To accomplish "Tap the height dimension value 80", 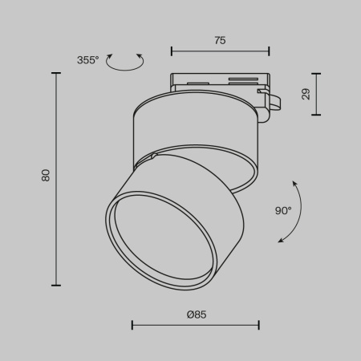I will coord(46,175).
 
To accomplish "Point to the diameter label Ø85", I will coord(196,314).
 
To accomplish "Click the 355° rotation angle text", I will coord(88,60).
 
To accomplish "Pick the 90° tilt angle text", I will coord(283,211).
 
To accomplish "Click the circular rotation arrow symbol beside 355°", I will coord(125,62).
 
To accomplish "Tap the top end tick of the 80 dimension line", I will coord(56,73).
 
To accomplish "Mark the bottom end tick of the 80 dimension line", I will coord(56,285).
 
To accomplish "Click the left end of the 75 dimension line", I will coord(172,52).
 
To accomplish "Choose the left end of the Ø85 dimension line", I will coord(132,325).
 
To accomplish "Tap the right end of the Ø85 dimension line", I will coord(258,325).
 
